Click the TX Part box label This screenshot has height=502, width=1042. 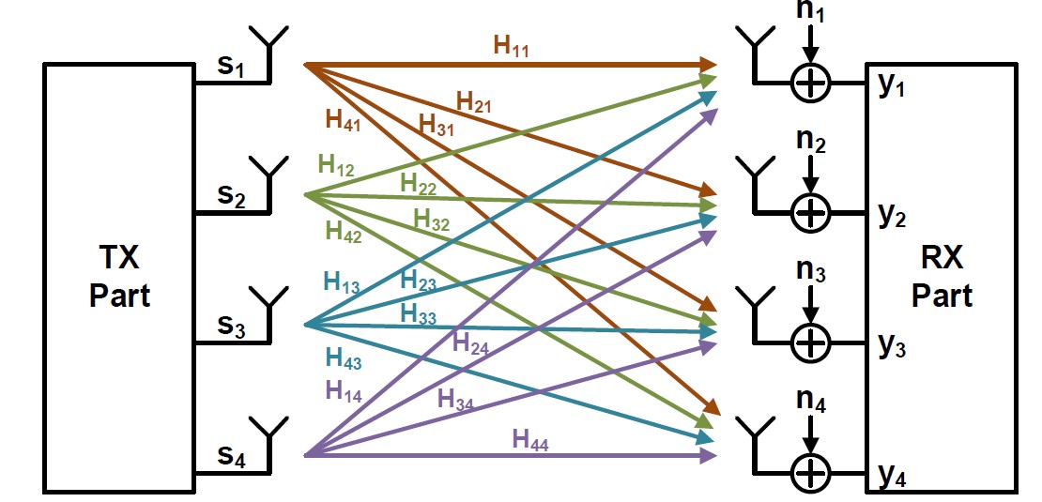(119, 276)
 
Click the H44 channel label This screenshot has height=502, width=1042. (531, 438)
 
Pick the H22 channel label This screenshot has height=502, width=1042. (419, 184)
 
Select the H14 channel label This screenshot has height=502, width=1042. (345, 389)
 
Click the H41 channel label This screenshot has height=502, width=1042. (344, 119)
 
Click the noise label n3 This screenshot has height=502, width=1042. (808, 275)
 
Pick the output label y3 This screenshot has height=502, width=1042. (893, 346)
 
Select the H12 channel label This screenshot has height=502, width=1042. (336, 165)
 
